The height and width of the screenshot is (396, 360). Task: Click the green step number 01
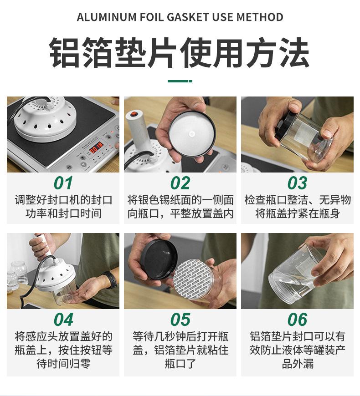click(63, 183)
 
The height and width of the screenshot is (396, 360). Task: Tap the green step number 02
click(180, 183)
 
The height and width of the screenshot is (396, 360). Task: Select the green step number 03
click(297, 183)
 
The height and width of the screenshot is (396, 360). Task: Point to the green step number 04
click(63, 320)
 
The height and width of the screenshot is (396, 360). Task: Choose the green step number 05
click(180, 320)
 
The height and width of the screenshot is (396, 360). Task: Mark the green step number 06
click(297, 320)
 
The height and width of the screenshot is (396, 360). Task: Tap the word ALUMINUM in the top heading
click(107, 17)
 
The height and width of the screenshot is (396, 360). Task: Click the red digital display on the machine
click(97, 147)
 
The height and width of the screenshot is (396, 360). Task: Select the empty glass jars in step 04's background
click(17, 275)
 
